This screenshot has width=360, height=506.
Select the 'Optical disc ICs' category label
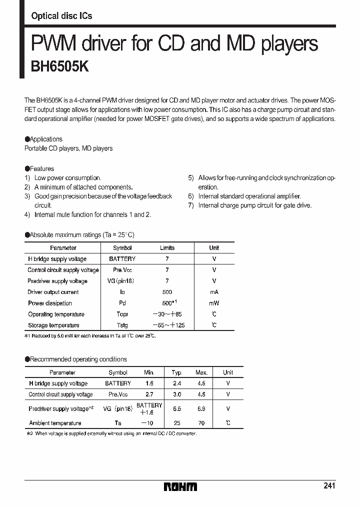coord(61,16)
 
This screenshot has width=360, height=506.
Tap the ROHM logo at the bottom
coord(180,486)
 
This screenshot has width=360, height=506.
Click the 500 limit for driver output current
coord(167,292)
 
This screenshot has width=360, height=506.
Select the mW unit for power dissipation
coord(214,303)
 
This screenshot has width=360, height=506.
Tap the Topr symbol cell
coord(122,314)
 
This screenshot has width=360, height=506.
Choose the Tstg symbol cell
coord(122,325)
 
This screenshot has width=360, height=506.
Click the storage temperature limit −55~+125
coord(167,325)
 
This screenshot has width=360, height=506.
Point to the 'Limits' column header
coord(167,247)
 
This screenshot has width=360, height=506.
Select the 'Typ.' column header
coord(176,372)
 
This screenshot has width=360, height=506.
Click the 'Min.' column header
coord(149,372)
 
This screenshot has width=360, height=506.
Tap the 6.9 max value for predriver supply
coord(201,408)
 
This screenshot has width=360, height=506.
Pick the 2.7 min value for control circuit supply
coord(149,394)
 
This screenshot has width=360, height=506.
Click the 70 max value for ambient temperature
coord(201,423)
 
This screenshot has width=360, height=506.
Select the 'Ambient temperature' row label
coord(55,423)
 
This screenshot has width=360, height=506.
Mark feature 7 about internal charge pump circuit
coord(250,205)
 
